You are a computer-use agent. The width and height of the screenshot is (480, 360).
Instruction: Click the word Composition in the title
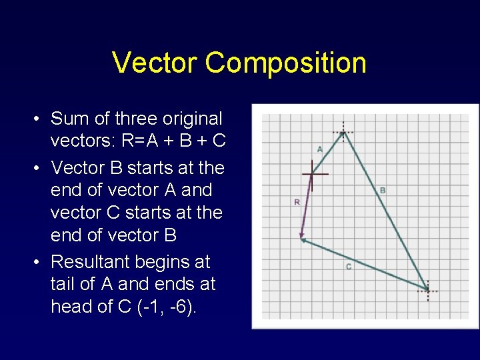(286, 63)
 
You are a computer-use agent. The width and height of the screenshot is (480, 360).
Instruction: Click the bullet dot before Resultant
(39, 262)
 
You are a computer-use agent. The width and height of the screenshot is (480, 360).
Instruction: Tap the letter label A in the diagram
(319, 148)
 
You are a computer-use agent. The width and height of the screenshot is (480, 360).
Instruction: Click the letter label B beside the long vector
(383, 191)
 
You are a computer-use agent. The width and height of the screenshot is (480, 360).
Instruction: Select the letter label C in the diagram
(349, 267)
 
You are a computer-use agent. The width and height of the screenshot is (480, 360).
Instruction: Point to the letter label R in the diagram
(297, 201)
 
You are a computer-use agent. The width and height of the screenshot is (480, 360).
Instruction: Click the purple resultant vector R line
(307, 206)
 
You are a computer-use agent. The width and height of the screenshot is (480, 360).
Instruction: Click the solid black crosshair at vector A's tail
(313, 175)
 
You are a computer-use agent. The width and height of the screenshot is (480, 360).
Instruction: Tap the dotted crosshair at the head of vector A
(343, 132)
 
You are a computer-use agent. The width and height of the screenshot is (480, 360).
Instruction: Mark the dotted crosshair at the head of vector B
(427, 290)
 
